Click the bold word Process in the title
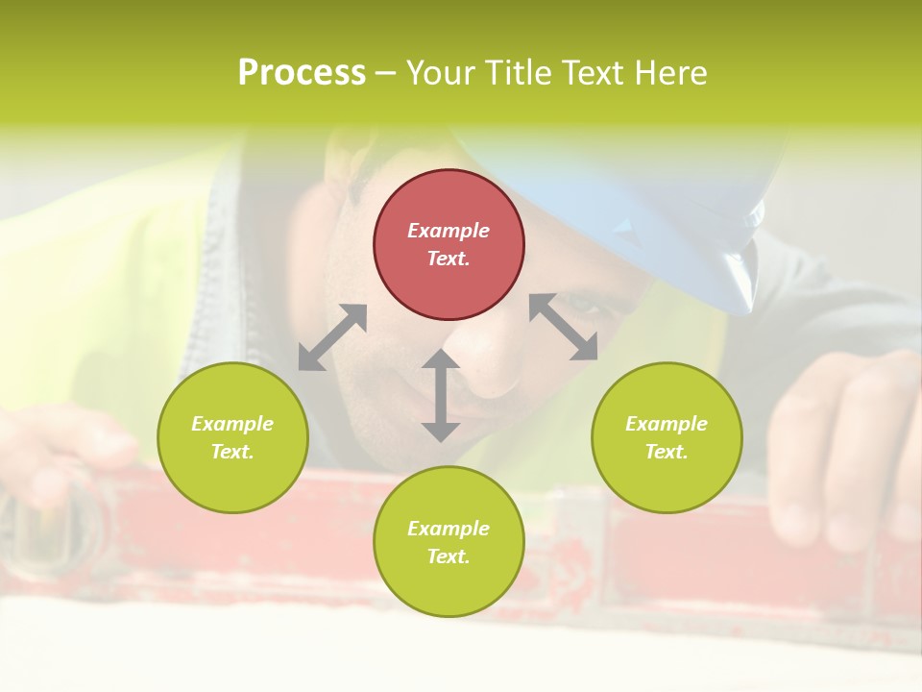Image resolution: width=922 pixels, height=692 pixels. [x=302, y=73]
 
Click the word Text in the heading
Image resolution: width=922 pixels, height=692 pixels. [x=593, y=73]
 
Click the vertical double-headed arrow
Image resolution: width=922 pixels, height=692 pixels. [x=440, y=395]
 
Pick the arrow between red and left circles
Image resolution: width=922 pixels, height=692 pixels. [x=332, y=337]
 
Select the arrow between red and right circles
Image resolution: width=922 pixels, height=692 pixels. [x=564, y=327]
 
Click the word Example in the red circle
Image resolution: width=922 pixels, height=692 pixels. [x=449, y=231]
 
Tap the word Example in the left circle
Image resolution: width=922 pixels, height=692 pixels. [x=232, y=424]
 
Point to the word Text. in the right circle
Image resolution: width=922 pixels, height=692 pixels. [x=667, y=452]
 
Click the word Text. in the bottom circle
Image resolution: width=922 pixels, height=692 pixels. [x=449, y=556]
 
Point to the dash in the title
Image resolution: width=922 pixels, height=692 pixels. [x=386, y=73]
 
